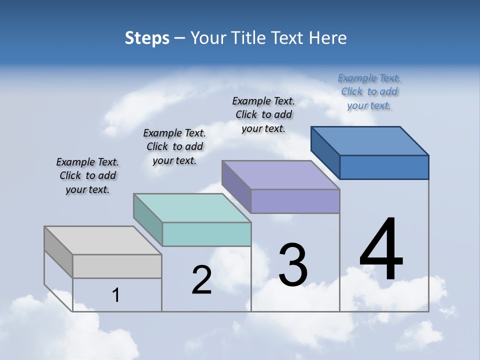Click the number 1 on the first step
115,295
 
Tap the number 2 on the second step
201,280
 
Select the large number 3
292,265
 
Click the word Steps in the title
147,38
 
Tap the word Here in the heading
328,38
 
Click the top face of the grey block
103,240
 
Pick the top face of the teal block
192,208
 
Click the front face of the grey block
117,266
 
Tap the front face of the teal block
207,234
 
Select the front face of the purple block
295,201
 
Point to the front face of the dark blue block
384,167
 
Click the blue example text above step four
369,92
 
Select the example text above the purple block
263,114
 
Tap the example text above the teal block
174,146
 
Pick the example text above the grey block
87,175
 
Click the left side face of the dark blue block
325,152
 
